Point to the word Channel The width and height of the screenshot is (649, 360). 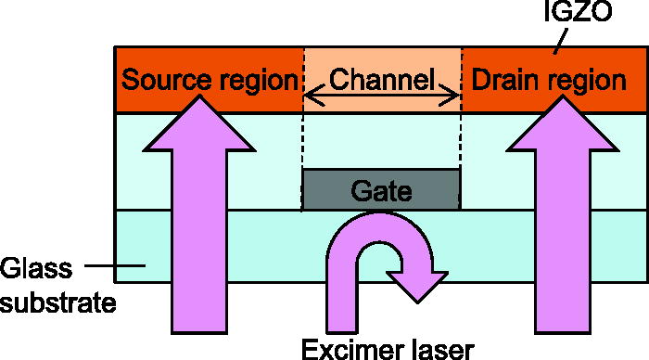383,80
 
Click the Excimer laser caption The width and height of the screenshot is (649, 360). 387,348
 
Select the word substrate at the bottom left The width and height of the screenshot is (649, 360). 58,302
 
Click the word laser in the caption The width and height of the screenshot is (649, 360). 436,348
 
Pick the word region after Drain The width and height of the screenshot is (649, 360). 585,82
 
